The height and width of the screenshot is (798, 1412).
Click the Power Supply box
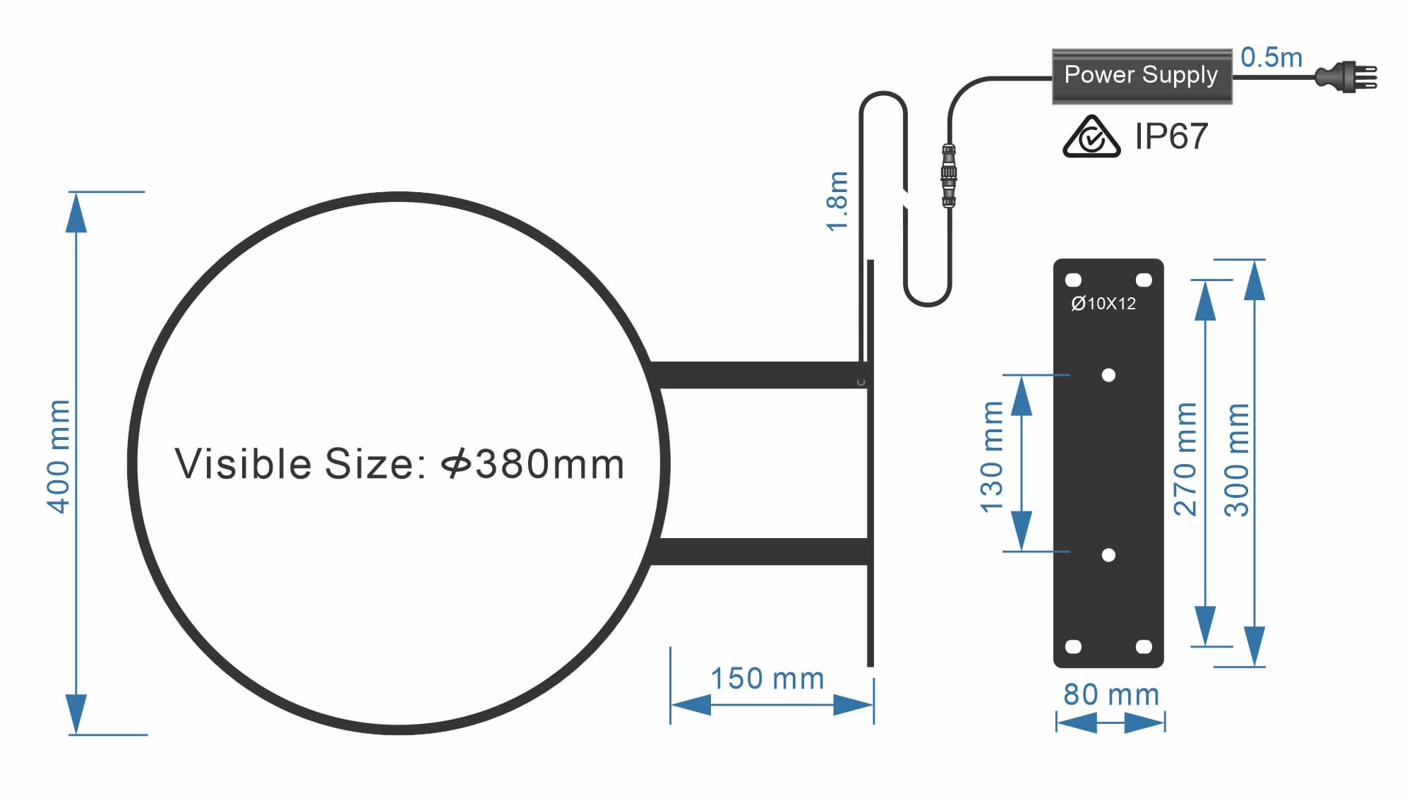(x=1141, y=76)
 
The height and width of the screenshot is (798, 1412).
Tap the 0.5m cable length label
(x=1271, y=57)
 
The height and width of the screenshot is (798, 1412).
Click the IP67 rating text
(x=1171, y=136)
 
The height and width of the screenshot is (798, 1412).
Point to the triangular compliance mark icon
(x=1091, y=137)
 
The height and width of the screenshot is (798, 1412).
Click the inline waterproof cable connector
(x=948, y=175)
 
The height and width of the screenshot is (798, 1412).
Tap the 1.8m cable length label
(x=837, y=201)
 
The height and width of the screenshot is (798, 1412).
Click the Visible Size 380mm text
(x=400, y=464)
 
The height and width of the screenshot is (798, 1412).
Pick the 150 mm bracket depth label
(x=767, y=679)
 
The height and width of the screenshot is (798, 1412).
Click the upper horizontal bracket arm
(x=759, y=375)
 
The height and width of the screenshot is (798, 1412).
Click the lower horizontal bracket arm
(x=762, y=552)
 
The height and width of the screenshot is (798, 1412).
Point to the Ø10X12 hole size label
(x=1103, y=304)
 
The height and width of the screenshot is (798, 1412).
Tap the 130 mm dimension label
(x=992, y=457)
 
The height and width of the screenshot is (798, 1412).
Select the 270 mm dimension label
(x=1185, y=459)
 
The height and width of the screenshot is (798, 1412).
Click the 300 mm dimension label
(x=1236, y=460)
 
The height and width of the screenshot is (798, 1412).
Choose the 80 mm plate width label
(x=1111, y=695)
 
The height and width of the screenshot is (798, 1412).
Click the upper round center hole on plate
(x=1108, y=375)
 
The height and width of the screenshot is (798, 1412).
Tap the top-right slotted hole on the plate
(x=1144, y=280)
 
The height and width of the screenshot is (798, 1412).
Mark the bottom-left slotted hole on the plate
(x=1073, y=646)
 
